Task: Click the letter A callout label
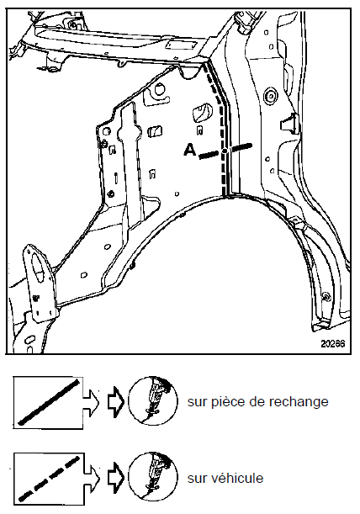click(190, 150)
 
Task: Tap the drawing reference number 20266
click(333, 343)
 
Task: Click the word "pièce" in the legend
click(225, 402)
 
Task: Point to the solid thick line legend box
click(48, 403)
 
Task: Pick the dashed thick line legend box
click(49, 479)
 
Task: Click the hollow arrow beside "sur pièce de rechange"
click(116, 401)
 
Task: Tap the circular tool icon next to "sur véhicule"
click(152, 476)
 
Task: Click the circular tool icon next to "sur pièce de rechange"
click(152, 400)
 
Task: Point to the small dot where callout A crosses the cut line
click(225, 151)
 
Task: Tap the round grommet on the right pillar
click(271, 95)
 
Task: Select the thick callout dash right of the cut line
click(241, 147)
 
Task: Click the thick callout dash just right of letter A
click(209, 155)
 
